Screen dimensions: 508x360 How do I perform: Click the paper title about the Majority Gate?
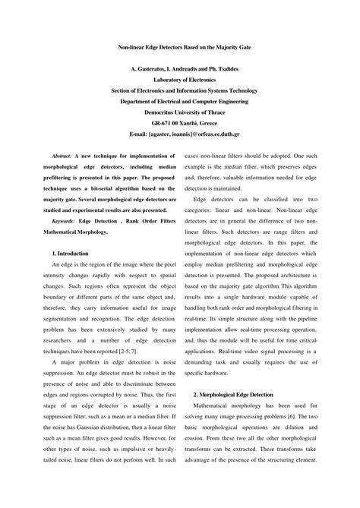pyautogui.click(x=179, y=47)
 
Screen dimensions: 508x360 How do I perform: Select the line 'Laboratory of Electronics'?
pyautogui.click(x=179, y=78)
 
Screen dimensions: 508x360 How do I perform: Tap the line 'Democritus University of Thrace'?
pyautogui.click(x=179, y=110)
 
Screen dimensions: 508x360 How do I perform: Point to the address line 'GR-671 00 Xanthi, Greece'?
pyautogui.click(x=179, y=121)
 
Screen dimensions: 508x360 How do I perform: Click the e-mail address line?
pyautogui.click(x=179, y=131)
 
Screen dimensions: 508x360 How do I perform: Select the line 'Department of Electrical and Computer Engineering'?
pyautogui.click(x=179, y=99)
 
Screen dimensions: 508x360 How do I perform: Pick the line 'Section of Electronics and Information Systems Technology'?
pyautogui.click(x=179, y=89)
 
